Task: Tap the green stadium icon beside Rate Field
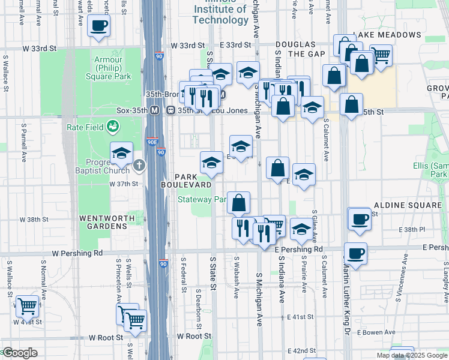[x=112, y=127]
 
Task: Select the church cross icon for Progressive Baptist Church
[x=139, y=164]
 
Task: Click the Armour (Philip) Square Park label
[x=112, y=68]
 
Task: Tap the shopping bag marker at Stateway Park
[x=239, y=203]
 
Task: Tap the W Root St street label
[x=106, y=338]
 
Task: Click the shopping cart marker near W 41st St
[x=27, y=306]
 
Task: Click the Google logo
[x=20, y=353]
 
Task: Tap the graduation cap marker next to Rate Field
[x=122, y=153]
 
